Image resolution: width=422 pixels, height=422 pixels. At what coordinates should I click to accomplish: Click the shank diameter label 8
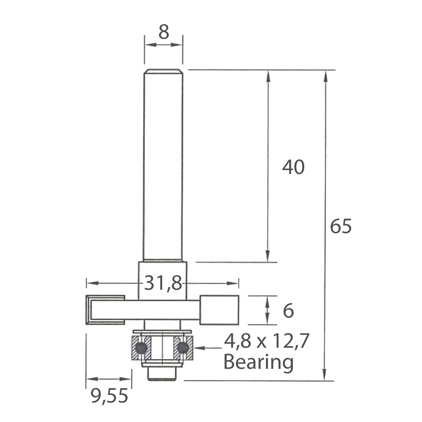click(x=164, y=32)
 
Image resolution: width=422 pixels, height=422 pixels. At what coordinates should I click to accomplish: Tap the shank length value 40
click(x=293, y=167)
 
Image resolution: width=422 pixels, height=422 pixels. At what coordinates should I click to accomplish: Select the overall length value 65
click(x=341, y=226)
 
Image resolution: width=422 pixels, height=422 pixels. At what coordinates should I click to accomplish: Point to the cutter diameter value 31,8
click(x=163, y=283)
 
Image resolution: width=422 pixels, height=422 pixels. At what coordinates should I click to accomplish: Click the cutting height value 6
click(x=288, y=311)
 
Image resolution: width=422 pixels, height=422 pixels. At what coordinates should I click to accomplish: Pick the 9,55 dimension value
click(x=109, y=396)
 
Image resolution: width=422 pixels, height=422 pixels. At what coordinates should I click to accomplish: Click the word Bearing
click(x=258, y=362)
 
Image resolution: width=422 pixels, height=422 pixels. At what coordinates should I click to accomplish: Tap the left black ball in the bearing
click(x=141, y=348)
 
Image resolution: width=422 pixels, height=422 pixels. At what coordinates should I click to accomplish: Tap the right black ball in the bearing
click(x=183, y=348)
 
